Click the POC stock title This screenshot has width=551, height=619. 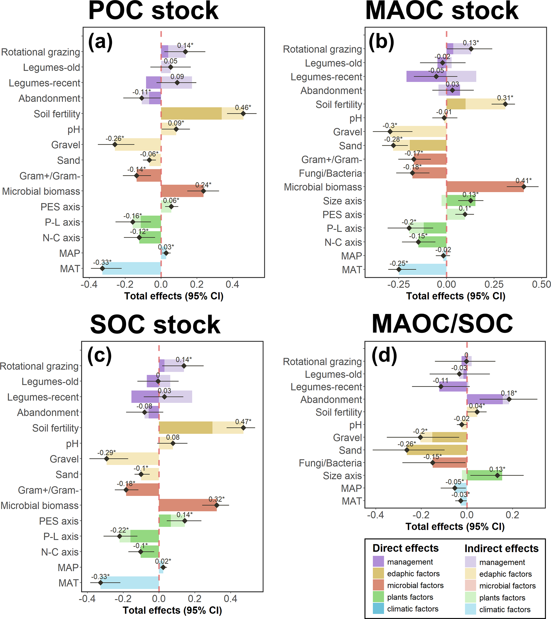[153, 11]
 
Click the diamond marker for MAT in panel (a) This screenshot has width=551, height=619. [102, 268]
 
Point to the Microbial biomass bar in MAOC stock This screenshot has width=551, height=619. [485, 187]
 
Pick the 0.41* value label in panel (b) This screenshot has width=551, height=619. [524, 181]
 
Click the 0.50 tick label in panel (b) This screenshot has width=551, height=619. [541, 284]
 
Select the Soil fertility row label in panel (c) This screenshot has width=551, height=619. [55, 428]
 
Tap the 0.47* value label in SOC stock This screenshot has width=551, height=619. [243, 422]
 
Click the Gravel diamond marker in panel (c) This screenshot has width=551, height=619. [107, 459]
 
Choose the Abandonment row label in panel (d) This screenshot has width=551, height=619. [331, 399]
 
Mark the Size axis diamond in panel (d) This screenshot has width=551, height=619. [497, 475]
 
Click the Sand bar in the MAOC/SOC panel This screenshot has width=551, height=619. [436, 450]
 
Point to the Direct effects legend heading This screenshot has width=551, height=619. [405, 548]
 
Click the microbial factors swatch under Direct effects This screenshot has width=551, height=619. [378, 585]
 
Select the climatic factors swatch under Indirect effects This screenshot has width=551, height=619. [470, 609]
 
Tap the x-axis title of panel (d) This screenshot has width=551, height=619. [455, 527]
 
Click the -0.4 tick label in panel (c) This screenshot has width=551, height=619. [87, 599]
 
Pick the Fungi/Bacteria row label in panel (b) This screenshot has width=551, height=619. [330, 173]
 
